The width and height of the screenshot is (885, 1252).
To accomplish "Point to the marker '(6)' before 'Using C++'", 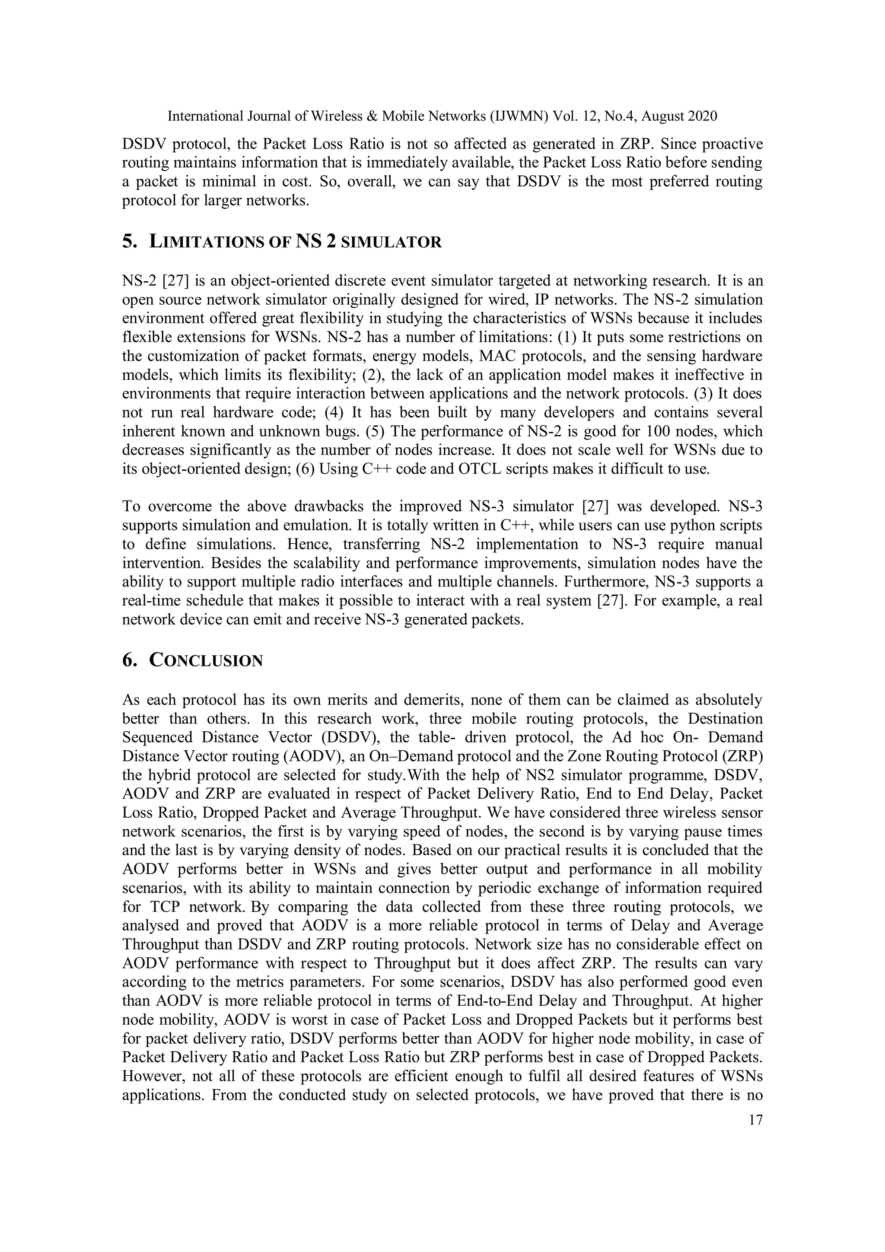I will pyautogui.click(x=306, y=469).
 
